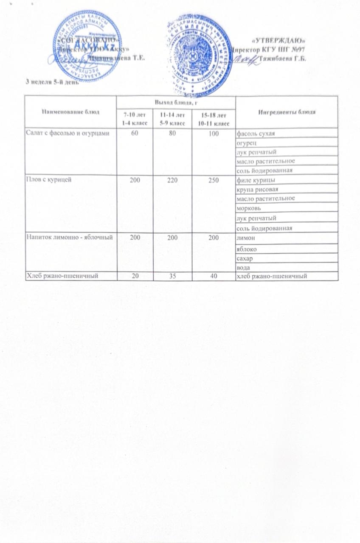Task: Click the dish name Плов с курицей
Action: tap(47, 179)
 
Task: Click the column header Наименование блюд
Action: tap(70, 112)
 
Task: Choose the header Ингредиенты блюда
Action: tap(287, 112)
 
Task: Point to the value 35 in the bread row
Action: tap(175, 276)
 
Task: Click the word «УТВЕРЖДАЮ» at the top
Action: tap(279, 41)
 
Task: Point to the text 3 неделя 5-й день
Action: tap(47, 82)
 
